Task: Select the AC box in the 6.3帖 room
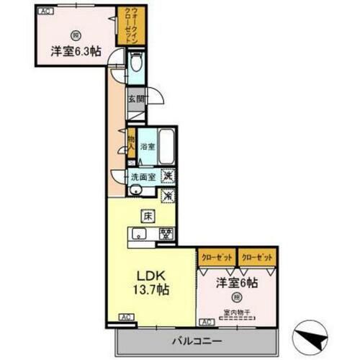click(45, 10)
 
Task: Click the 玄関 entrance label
click(135, 99)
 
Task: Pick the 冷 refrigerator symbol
click(166, 194)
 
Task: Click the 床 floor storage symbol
click(146, 215)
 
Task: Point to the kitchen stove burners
click(166, 233)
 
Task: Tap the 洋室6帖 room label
click(235, 282)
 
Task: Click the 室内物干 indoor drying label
click(235, 312)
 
